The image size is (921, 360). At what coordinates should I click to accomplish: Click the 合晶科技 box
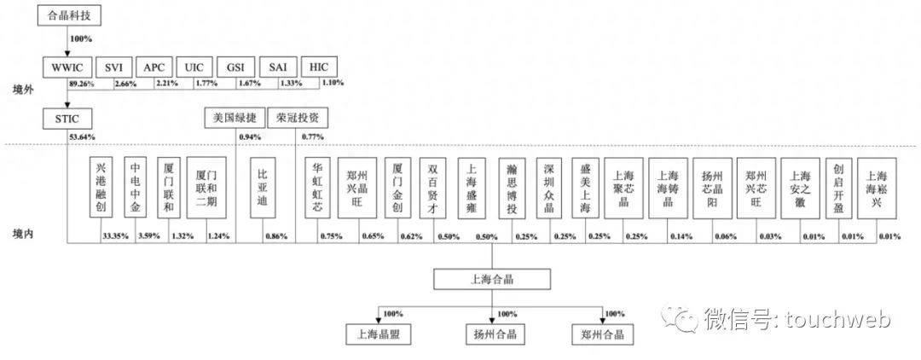tap(69, 15)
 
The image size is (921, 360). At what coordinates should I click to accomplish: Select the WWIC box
tap(69, 67)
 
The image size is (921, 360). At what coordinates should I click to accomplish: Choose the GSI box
tap(235, 67)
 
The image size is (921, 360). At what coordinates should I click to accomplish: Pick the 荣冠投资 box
tap(298, 118)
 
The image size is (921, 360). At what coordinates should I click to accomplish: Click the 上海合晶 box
tap(491, 278)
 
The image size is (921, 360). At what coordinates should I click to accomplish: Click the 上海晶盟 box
tap(379, 334)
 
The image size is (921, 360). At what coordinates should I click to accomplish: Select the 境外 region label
tap(23, 88)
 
